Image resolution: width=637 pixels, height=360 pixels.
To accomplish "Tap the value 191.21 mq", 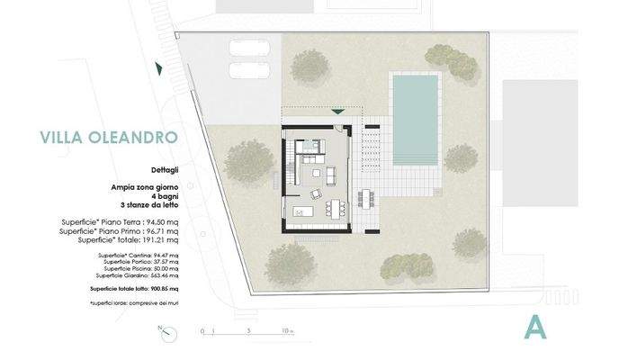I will click(161, 240).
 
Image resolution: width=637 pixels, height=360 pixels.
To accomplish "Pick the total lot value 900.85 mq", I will click(161, 289).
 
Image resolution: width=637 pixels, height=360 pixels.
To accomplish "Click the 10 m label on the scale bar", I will click(286, 332).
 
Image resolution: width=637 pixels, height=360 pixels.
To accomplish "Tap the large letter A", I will click(535, 328).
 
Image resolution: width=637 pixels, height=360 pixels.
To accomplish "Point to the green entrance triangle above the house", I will click(336, 112).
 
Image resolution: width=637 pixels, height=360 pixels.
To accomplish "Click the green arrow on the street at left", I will click(158, 68).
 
